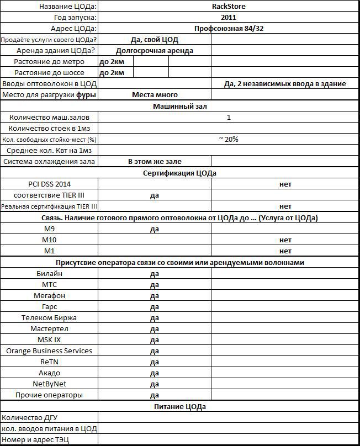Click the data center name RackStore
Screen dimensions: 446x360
(x=229, y=7)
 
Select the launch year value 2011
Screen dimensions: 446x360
(x=229, y=18)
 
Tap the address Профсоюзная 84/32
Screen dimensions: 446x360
(x=229, y=29)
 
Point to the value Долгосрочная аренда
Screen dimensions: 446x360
(x=155, y=51)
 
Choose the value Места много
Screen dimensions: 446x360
(x=155, y=95)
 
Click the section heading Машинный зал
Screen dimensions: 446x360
(x=180, y=106)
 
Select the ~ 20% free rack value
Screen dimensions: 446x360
(x=229, y=139)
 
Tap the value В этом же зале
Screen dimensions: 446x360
(x=155, y=162)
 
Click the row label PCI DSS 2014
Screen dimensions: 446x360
(x=50, y=184)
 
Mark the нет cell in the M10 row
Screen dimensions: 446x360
(x=285, y=240)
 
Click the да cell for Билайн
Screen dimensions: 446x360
(x=155, y=274)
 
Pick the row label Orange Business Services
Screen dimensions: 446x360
(x=49, y=351)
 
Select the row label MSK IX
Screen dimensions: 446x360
(x=49, y=340)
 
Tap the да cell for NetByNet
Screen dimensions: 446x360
(x=155, y=384)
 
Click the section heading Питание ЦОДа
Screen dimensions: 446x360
(x=180, y=407)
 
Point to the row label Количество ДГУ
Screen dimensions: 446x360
(x=30, y=418)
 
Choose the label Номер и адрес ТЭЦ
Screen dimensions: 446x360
(x=36, y=440)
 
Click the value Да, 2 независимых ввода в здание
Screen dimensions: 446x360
(x=285, y=84)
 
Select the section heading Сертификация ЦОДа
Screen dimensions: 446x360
(x=180, y=173)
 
